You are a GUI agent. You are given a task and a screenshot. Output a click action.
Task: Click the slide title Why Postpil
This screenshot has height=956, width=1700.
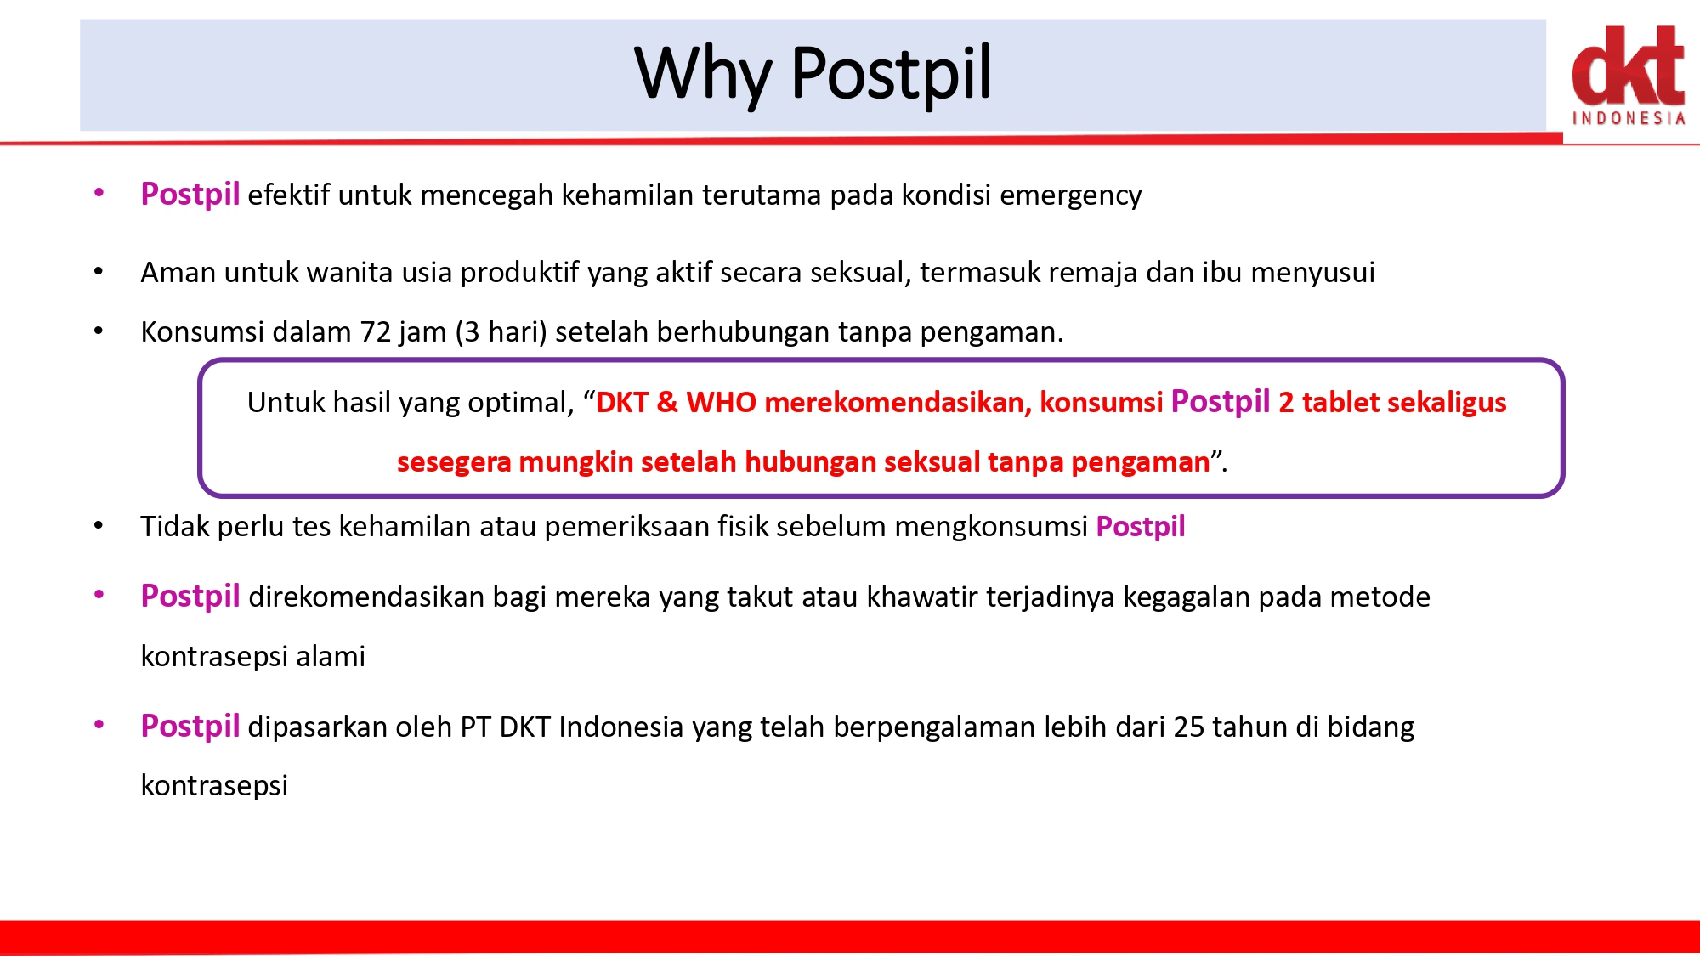pyautogui.click(x=813, y=75)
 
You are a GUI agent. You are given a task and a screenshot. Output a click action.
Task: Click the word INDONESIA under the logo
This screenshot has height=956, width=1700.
pyautogui.click(x=1629, y=118)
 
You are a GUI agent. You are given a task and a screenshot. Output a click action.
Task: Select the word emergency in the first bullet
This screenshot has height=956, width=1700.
pyautogui.click(x=1071, y=196)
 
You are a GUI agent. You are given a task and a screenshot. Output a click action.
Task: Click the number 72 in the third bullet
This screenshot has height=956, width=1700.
pyautogui.click(x=376, y=331)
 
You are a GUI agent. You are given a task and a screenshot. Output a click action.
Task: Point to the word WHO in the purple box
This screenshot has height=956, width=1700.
pyautogui.click(x=721, y=402)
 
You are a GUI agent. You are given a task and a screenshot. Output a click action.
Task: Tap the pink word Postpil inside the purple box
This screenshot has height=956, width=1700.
pyautogui.click(x=1221, y=402)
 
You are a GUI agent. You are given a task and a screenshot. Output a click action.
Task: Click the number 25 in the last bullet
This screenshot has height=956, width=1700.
pyautogui.click(x=1189, y=727)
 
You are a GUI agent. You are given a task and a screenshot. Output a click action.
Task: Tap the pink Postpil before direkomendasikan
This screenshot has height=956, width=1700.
pyautogui.click(x=190, y=597)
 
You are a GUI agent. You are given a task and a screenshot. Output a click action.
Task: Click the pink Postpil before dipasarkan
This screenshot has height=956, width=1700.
pyautogui.click(x=190, y=727)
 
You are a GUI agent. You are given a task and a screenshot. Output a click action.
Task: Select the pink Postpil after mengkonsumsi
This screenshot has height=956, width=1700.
pyautogui.click(x=1141, y=527)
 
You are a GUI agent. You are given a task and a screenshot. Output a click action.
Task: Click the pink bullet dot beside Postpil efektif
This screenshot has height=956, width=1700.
pyautogui.click(x=99, y=193)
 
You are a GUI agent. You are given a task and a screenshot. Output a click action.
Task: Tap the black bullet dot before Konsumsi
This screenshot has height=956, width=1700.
pyautogui.click(x=99, y=331)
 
